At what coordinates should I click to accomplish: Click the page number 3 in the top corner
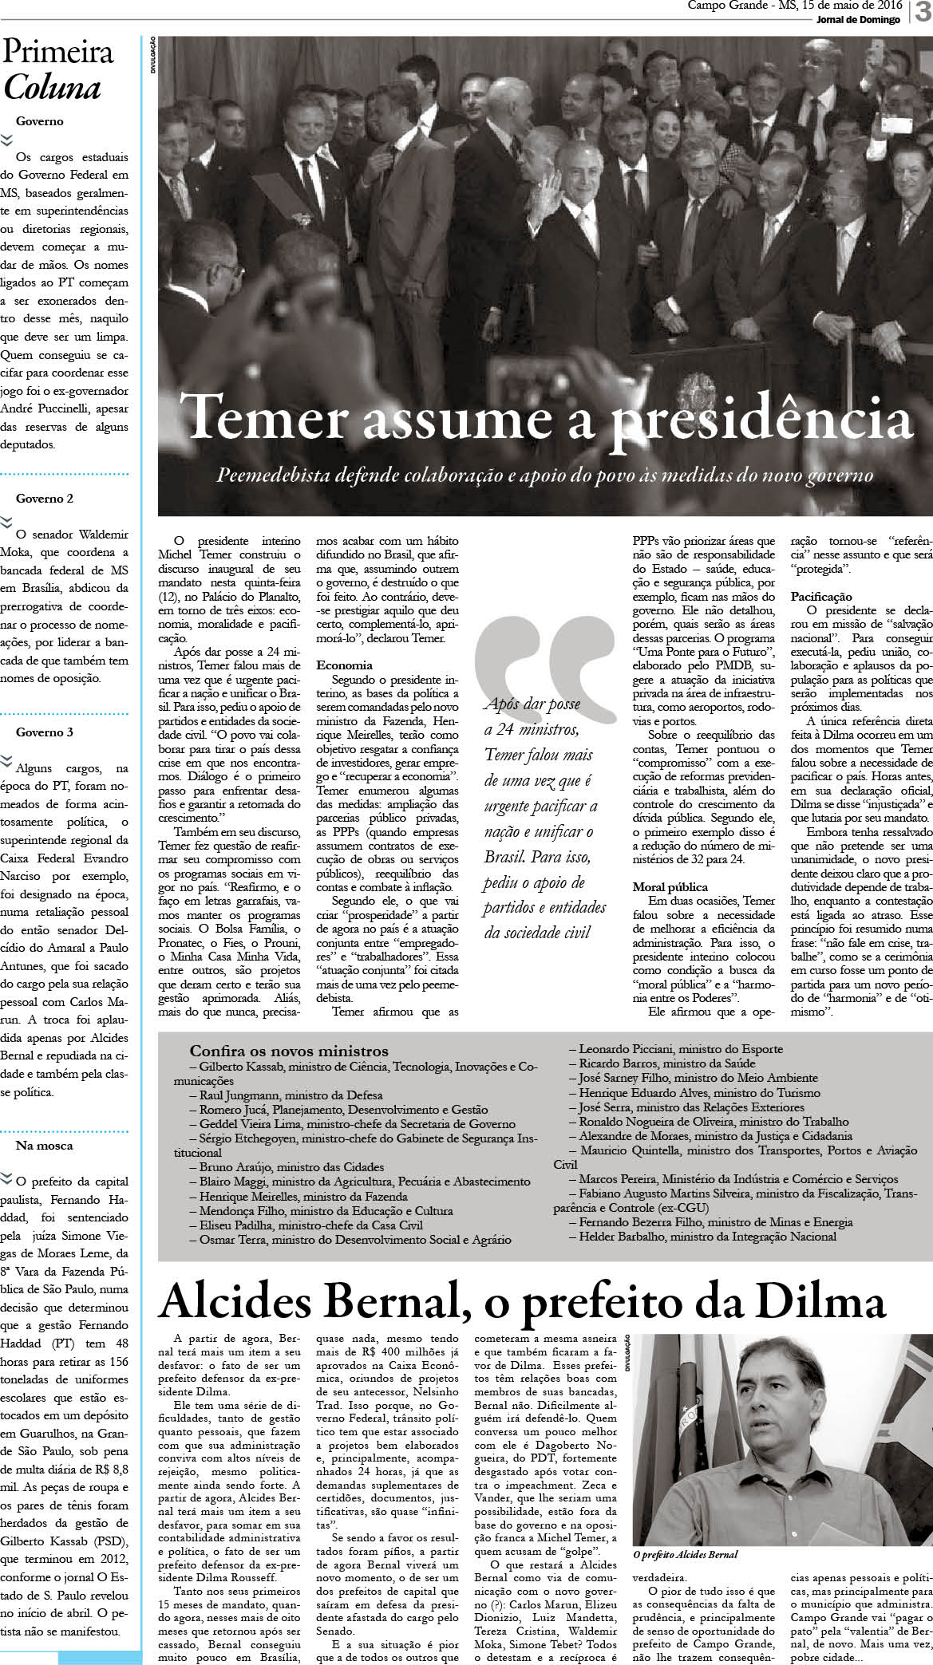(x=921, y=15)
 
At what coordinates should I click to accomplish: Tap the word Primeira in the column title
(x=58, y=53)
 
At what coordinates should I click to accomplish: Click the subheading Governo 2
(x=45, y=499)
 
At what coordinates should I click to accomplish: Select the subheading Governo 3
(x=45, y=732)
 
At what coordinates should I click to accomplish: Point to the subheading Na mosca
(x=44, y=1145)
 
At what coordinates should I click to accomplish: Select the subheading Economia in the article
(x=344, y=665)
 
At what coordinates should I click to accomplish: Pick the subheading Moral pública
(x=670, y=886)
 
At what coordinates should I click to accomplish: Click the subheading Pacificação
(x=821, y=596)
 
